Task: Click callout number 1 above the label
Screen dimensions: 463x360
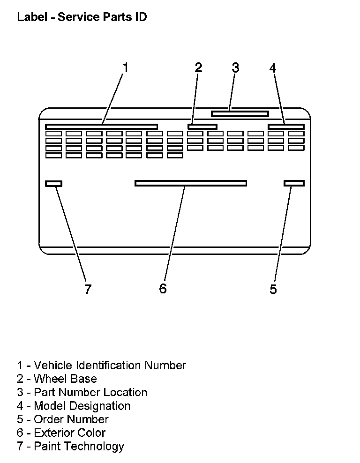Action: [x=125, y=68]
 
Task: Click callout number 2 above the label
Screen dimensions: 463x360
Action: [x=198, y=68]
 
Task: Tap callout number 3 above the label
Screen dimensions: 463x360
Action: [x=235, y=68]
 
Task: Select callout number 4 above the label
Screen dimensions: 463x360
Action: [x=273, y=68]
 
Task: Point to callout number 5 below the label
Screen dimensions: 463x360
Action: [x=273, y=289]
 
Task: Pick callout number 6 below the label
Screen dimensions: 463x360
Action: [x=163, y=289]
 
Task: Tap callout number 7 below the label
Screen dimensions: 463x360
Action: [x=88, y=289]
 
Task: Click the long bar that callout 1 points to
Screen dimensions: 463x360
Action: [x=101, y=127]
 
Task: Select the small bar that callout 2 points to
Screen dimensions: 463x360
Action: [x=202, y=127]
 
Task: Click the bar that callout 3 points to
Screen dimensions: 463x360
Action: [x=240, y=113]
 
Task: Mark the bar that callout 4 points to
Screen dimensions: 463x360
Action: [x=286, y=127]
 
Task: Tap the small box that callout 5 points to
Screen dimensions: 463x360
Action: [x=294, y=183]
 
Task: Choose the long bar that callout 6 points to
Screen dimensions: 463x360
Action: [x=190, y=183]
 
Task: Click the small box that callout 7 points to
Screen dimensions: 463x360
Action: [x=53, y=183]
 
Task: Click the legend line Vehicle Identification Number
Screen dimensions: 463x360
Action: [x=101, y=365]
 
